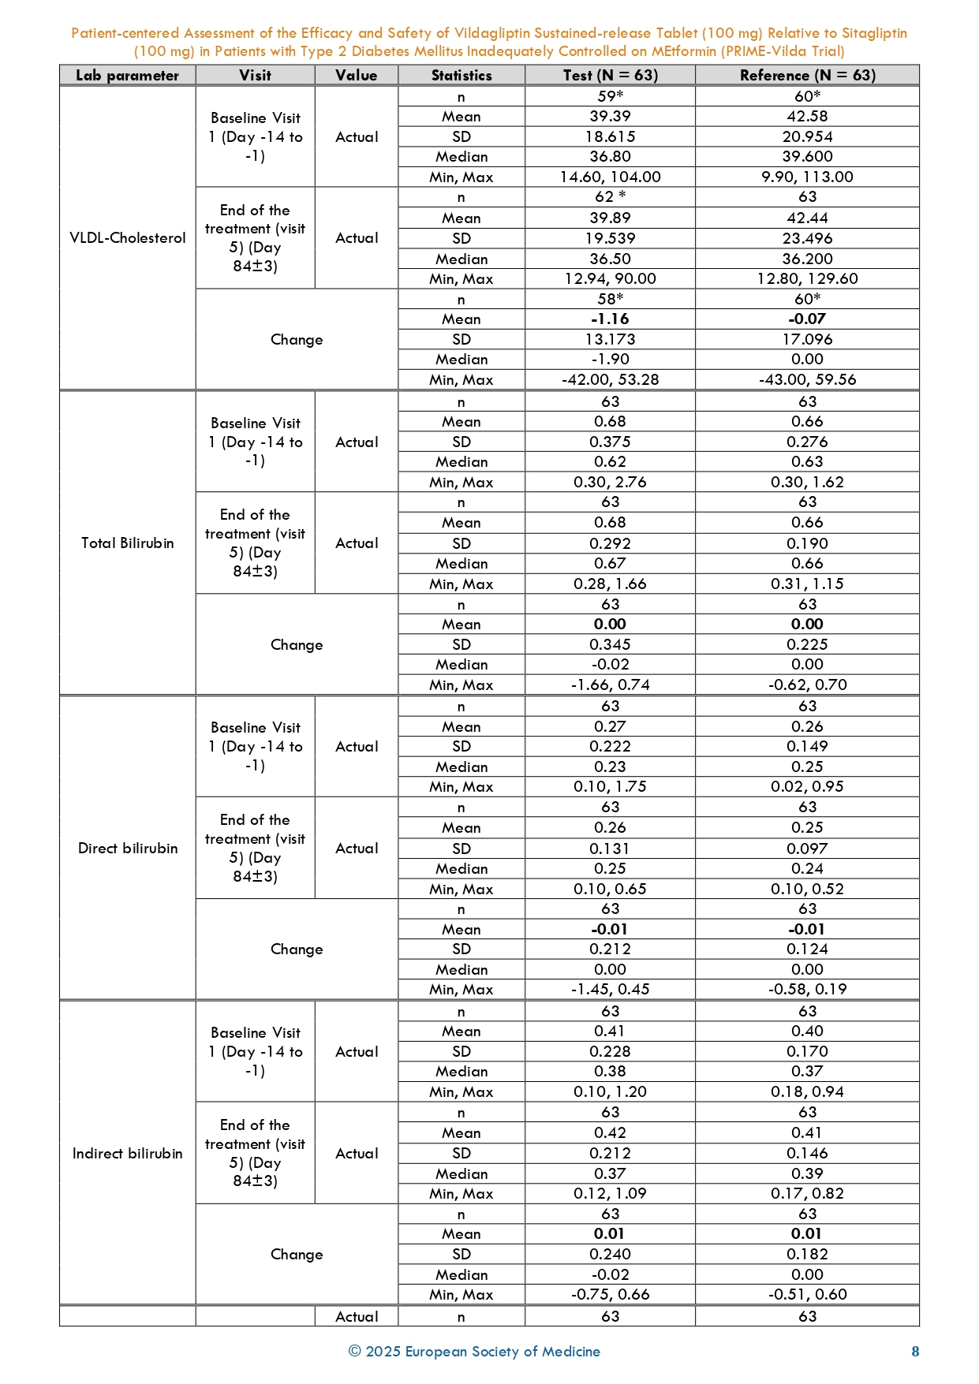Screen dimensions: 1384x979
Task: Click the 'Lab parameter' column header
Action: click(x=127, y=76)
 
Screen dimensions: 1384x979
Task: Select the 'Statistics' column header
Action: click(x=461, y=76)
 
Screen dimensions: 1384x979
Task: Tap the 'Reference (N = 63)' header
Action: click(x=807, y=76)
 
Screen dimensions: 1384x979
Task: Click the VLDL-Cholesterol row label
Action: click(x=127, y=238)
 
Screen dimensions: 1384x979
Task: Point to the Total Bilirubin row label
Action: click(x=127, y=543)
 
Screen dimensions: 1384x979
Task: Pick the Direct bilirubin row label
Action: click(x=127, y=849)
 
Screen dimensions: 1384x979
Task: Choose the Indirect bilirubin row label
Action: click(x=127, y=1154)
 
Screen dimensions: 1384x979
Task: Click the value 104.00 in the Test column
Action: click(x=636, y=177)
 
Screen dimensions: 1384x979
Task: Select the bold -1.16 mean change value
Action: click(x=610, y=319)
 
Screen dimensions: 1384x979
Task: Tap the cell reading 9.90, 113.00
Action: click(x=807, y=177)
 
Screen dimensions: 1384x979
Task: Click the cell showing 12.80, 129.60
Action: click(x=807, y=279)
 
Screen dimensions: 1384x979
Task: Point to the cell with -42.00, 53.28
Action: click(x=610, y=380)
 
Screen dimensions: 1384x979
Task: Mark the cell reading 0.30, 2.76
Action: click(x=610, y=483)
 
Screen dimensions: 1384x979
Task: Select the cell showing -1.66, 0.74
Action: click(x=610, y=685)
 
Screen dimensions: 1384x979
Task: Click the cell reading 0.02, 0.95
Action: click(x=807, y=787)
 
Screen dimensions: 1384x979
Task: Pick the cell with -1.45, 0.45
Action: click(x=610, y=990)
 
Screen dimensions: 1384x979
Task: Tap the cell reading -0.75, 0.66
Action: click(x=610, y=1295)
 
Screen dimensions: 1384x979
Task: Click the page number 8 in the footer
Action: click(x=915, y=1352)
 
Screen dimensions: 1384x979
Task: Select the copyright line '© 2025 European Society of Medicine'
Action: click(x=474, y=1352)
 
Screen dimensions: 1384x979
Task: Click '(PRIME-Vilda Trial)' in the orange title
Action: click(x=782, y=51)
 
